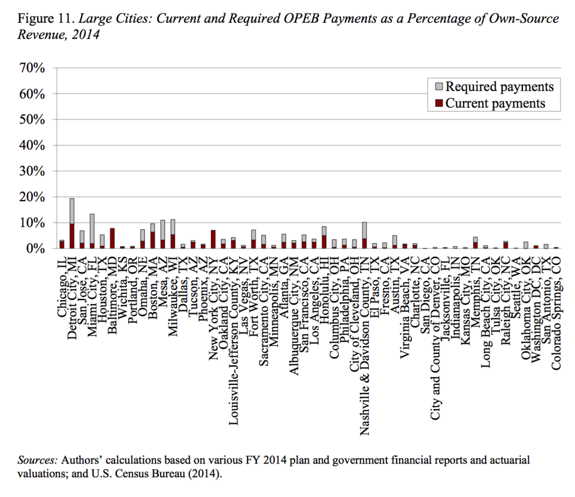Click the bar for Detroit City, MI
(x=72, y=223)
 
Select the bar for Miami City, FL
(x=92, y=231)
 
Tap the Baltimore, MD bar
(x=112, y=238)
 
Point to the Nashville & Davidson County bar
(x=365, y=235)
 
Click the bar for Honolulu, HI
(x=324, y=237)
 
